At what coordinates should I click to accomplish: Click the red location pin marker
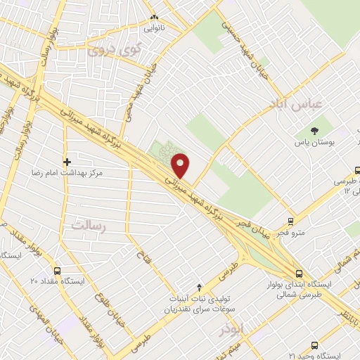[x=181, y=165]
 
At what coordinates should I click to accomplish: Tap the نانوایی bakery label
[x=155, y=30]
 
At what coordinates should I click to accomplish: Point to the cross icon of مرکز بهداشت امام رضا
[x=67, y=161]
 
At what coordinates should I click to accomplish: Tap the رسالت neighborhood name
[x=87, y=226]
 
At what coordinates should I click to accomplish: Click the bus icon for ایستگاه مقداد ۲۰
[x=57, y=270]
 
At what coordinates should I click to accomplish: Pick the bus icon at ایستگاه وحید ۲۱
[x=314, y=345]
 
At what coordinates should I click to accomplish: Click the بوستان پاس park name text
[x=314, y=143]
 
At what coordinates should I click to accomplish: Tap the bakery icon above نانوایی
[x=155, y=17]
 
